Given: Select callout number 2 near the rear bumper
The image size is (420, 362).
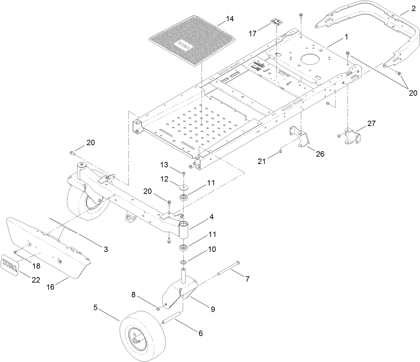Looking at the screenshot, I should (x=413, y=9).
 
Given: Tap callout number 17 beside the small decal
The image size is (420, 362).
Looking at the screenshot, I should (x=253, y=33).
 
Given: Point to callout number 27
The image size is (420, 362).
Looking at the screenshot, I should (x=371, y=124).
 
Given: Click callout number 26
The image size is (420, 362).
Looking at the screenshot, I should (x=320, y=154).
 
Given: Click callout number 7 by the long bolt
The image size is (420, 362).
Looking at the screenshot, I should (x=247, y=279).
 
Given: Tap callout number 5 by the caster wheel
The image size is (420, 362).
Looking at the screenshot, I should (x=95, y=308).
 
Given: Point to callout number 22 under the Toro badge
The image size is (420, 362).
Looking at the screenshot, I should (x=36, y=280).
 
